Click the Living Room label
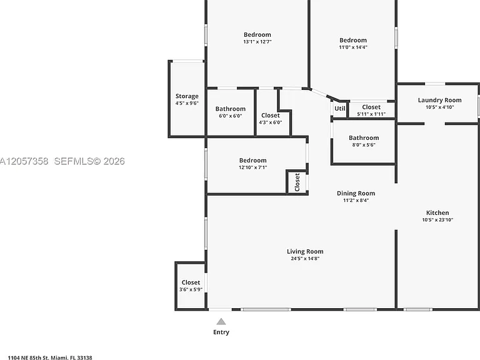(305, 251)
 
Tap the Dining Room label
(356, 193)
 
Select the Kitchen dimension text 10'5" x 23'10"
(437, 219)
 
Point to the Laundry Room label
(439, 100)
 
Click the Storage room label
(187, 96)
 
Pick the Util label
(340, 108)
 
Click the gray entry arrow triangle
(221, 321)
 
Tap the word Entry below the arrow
(221, 332)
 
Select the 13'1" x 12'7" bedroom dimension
(257, 42)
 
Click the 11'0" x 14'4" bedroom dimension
(353, 47)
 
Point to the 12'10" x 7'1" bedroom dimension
(253, 167)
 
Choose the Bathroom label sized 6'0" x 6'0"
(230, 109)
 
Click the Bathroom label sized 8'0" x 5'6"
(364, 137)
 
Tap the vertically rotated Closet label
(297, 182)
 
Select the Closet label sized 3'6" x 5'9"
(191, 282)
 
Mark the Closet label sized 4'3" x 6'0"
(270, 116)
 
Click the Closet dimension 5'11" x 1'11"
(371, 114)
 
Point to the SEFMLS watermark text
(89, 161)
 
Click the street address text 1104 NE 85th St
(28, 357)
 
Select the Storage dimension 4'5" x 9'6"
(187, 103)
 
